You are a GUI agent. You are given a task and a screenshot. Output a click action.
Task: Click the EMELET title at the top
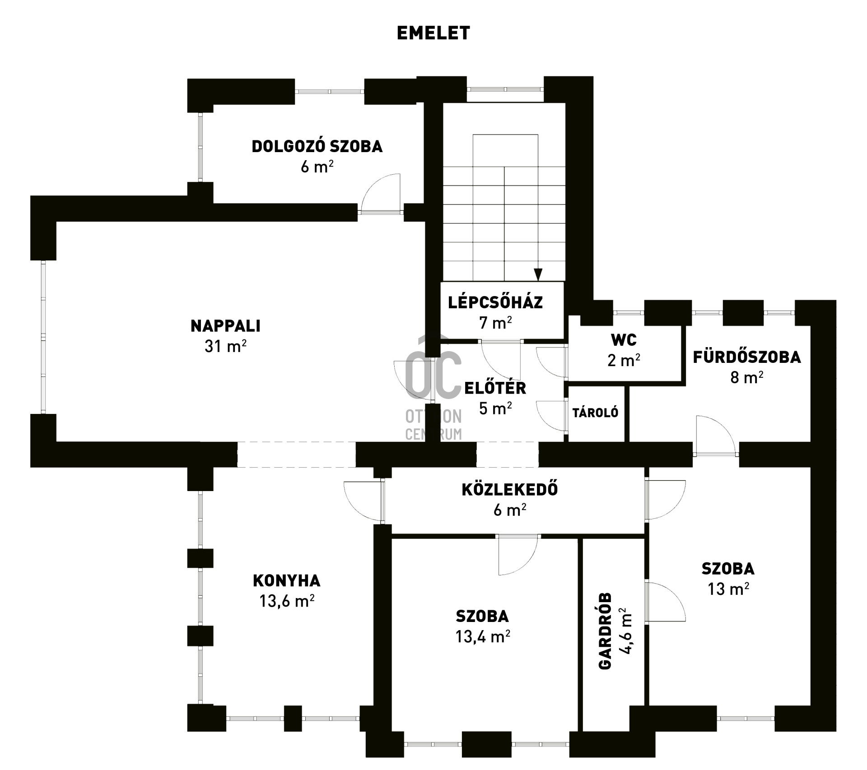coord(433,33)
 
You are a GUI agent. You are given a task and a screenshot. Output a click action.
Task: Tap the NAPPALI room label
coord(226,326)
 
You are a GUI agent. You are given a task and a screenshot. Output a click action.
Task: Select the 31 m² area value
coord(225,346)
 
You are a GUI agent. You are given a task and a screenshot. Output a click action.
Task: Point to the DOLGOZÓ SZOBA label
coord(317,146)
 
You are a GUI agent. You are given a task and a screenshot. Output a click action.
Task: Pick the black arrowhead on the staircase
coord(538,274)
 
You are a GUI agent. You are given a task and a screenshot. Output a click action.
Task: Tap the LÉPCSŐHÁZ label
coord(495,302)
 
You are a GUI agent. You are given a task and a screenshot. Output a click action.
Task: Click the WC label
coord(624,340)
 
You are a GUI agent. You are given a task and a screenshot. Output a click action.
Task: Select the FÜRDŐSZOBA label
coord(747,357)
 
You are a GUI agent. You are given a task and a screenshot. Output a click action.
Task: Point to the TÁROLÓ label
coord(595,413)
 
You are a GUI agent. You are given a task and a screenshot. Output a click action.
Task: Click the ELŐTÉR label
coord(495,388)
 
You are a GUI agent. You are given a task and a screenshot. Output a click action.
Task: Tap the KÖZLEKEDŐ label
coord(510,489)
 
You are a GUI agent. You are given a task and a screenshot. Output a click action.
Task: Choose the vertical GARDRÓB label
coord(605,631)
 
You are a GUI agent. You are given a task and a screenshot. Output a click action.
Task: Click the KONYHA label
coord(287,581)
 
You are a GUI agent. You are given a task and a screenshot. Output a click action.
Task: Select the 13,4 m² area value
coord(483,636)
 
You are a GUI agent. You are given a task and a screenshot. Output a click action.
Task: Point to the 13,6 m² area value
coord(287,601)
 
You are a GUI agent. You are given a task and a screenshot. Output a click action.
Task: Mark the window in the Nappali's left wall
coord(43,337)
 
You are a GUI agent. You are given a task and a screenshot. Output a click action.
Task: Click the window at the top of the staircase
coord(505,89)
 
